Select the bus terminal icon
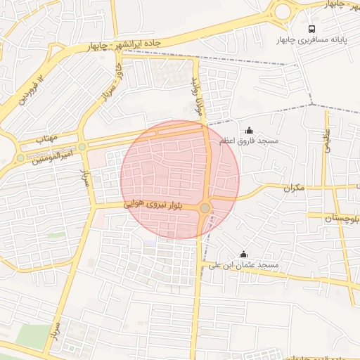click(311, 29)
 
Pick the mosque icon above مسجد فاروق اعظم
click(249, 130)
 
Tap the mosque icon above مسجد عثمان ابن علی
click(244, 254)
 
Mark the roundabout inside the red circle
click(205, 208)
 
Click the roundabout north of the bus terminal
click(283, 11)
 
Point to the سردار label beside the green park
click(56, 335)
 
